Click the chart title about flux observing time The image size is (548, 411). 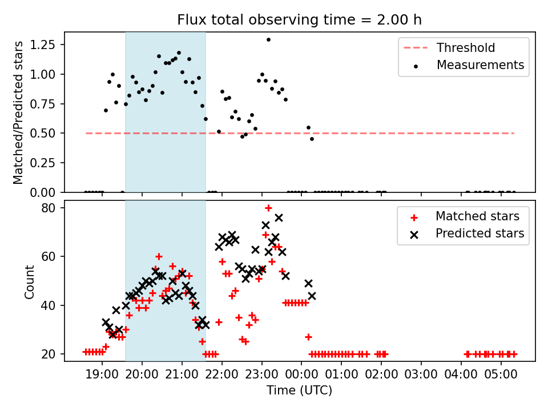[x=299, y=19]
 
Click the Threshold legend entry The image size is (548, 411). [x=449, y=47]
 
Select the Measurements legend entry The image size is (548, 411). [x=468, y=65]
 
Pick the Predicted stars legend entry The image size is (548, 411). [x=467, y=233]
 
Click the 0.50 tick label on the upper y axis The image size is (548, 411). [x=42, y=133]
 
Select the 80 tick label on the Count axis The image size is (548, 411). [x=49, y=208]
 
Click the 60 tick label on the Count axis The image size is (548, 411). [x=49, y=256]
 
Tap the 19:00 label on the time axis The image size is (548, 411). [x=102, y=374]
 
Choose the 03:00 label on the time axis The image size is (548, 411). [x=421, y=374]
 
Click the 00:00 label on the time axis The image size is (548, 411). [x=301, y=374]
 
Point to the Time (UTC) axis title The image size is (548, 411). [x=300, y=390]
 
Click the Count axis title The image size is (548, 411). [x=29, y=281]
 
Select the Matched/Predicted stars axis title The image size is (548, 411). [x=18, y=112]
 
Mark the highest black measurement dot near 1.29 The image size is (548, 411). [x=268, y=40]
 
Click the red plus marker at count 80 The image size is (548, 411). [x=268, y=208]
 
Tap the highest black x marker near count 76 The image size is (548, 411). [x=279, y=217]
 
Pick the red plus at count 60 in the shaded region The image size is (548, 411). [x=159, y=256]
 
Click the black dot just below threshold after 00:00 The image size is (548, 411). [x=312, y=139]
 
